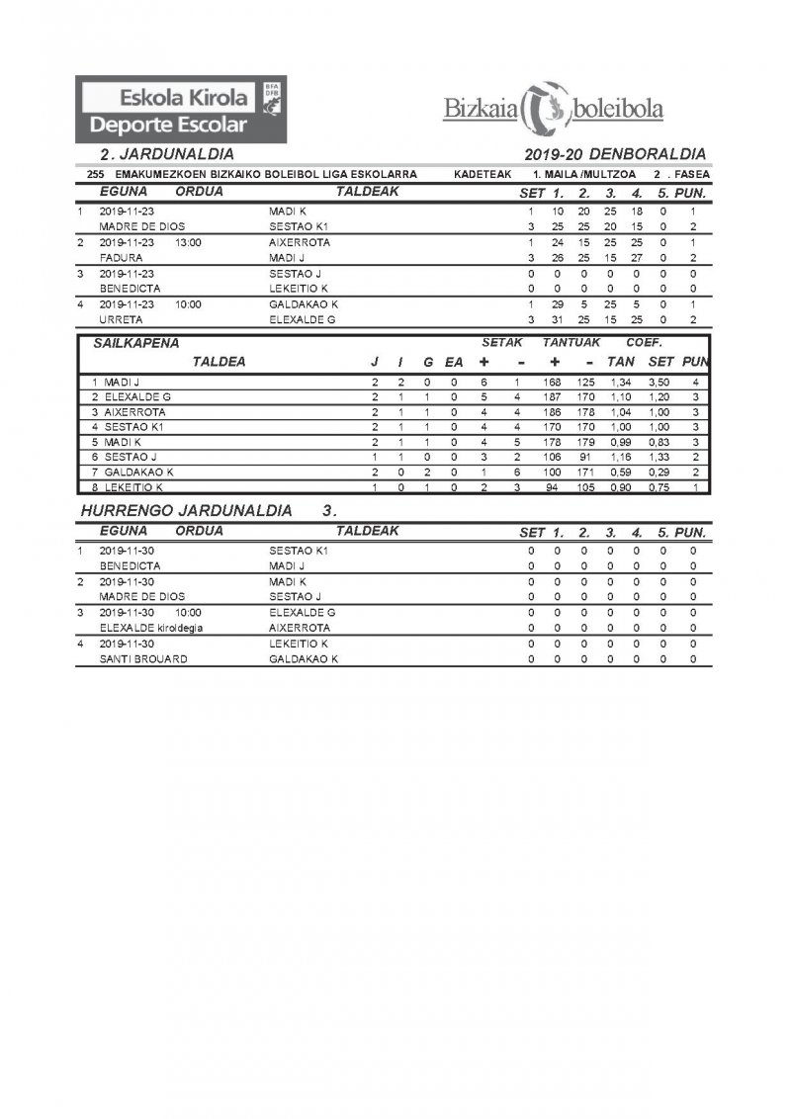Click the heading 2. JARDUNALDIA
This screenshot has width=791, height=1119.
(x=166, y=154)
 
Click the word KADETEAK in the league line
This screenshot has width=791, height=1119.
(x=482, y=174)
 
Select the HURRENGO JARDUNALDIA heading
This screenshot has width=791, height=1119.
(x=185, y=511)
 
